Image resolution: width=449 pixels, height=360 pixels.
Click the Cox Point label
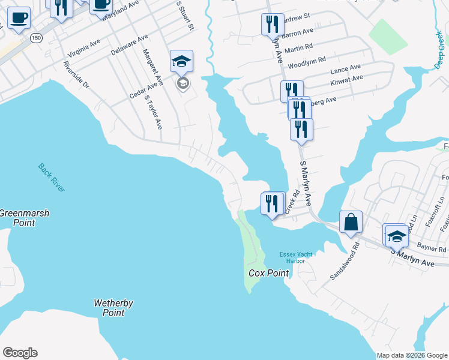(x=269, y=273)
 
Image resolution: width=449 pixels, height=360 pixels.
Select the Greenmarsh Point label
(x=24, y=218)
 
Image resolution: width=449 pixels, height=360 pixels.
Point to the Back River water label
(x=51, y=178)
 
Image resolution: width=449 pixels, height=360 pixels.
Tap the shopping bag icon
(x=351, y=222)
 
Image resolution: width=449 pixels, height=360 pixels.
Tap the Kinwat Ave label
(x=346, y=78)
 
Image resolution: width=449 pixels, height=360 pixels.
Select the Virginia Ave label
(x=85, y=46)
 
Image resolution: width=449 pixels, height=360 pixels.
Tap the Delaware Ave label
(x=129, y=45)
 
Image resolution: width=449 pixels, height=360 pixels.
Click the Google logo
(x=20, y=353)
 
